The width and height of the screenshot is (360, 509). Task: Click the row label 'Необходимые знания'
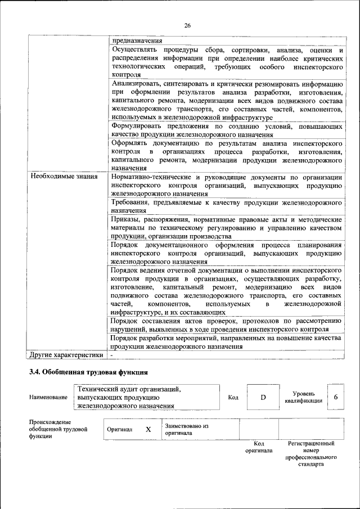[x=61, y=177]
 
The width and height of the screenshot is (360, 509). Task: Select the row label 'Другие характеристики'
[x=66, y=355]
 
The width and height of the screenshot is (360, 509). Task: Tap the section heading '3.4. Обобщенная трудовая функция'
[x=88, y=372]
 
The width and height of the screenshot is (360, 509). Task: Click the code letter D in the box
[x=262, y=398]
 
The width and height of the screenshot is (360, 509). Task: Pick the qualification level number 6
[x=336, y=397]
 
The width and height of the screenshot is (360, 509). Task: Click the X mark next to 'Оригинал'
[x=148, y=429]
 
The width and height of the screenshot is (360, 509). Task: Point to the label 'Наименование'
[x=48, y=398]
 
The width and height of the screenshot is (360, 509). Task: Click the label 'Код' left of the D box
[x=233, y=398]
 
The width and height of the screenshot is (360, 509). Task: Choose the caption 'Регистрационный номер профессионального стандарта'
[x=311, y=454]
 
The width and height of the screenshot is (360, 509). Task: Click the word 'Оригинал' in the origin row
[x=119, y=429]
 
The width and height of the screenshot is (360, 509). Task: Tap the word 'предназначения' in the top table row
[x=137, y=40]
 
